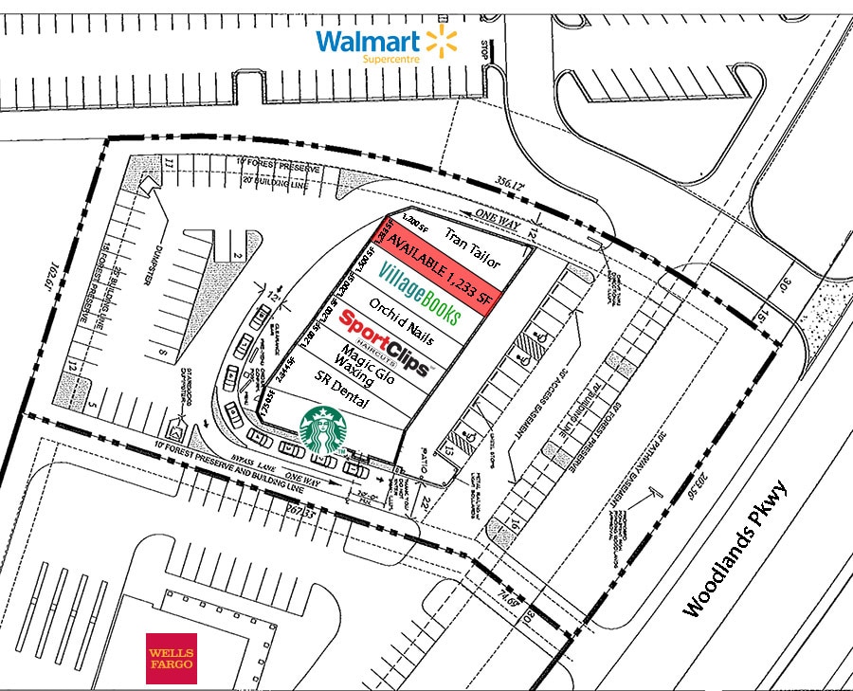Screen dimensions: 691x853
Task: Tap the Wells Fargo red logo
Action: [171, 658]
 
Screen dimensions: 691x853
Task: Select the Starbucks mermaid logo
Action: [323, 430]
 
